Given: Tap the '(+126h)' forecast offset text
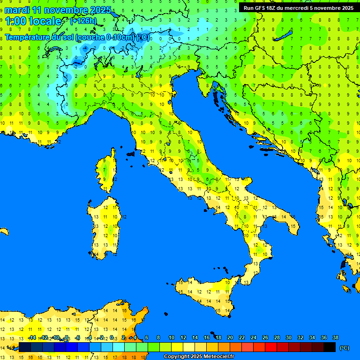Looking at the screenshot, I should (x=83, y=21).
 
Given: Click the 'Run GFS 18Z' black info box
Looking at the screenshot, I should (x=298, y=8).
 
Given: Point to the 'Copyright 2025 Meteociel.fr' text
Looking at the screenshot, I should (x=199, y=357).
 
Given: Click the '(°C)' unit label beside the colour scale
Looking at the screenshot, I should (x=344, y=348).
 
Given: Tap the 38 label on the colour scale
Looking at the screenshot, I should (x=335, y=337).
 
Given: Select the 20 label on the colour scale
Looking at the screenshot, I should (x=230, y=337).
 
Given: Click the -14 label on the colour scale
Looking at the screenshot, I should (x=32, y=337).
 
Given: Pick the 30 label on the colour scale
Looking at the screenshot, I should (x=288, y=337).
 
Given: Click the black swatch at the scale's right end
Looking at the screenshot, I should (x=330, y=347).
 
